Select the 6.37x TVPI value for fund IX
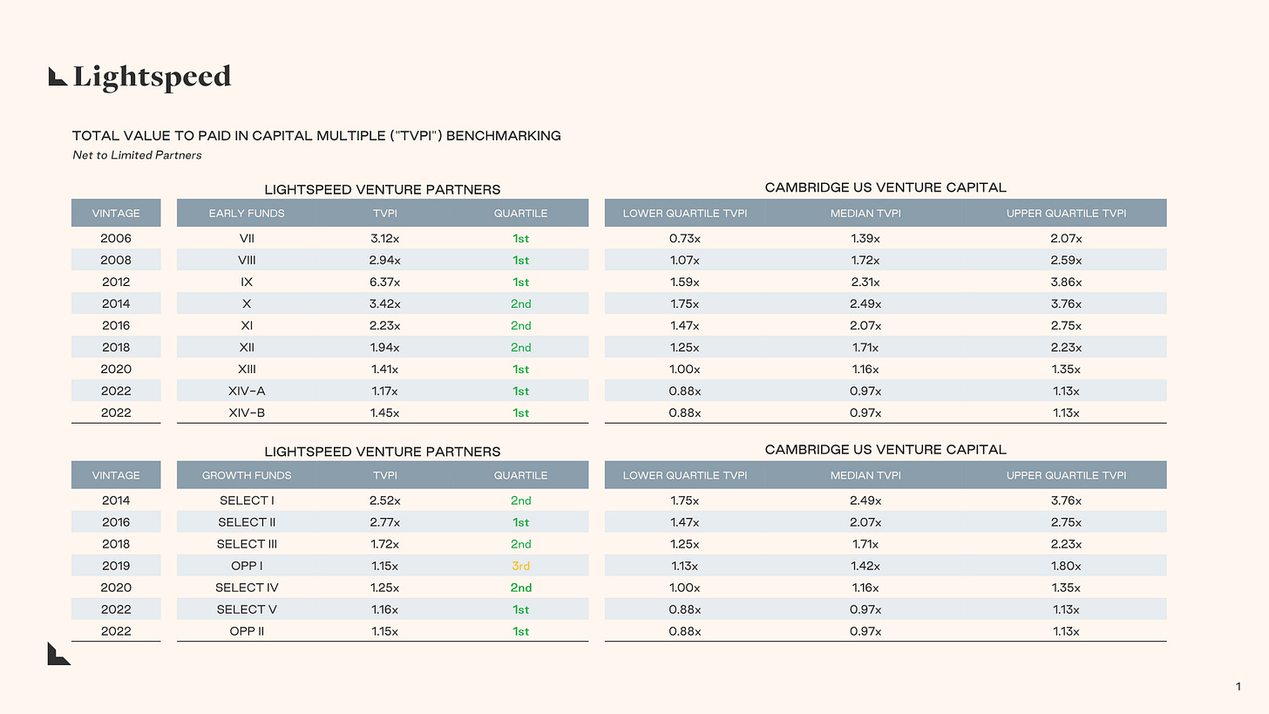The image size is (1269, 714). click(x=384, y=282)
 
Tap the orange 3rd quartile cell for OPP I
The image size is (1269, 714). click(x=520, y=566)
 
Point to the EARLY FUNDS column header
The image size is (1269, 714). click(x=247, y=213)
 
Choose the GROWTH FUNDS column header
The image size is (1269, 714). click(x=247, y=475)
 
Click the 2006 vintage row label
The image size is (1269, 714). click(x=116, y=238)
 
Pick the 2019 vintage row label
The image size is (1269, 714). click(x=116, y=566)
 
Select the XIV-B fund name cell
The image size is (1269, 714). click(x=247, y=412)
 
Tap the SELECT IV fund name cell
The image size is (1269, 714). click(x=247, y=588)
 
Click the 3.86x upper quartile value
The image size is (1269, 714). click(x=1066, y=282)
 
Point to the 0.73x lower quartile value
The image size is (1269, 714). click(x=685, y=238)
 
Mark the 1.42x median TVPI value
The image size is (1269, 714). click(x=865, y=566)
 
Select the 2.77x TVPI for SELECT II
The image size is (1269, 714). click(x=384, y=522)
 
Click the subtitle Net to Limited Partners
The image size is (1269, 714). click(x=137, y=155)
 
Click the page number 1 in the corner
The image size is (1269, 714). click(x=1238, y=688)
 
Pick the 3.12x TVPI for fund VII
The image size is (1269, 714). click(x=384, y=238)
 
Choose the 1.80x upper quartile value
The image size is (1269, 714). click(x=1066, y=566)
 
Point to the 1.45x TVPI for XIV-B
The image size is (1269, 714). click(x=384, y=412)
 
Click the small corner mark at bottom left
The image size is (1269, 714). click(x=58, y=655)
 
